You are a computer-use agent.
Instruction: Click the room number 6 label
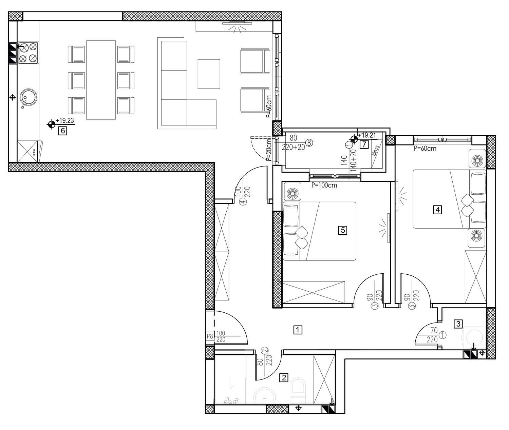[62, 131]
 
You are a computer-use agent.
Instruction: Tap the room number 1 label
[298, 330]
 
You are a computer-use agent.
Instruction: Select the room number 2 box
[284, 377]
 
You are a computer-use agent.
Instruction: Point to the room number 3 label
[458, 324]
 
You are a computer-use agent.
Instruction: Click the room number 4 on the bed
[438, 210]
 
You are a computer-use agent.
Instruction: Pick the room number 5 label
[342, 230]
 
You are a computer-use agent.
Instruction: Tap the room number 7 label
[364, 144]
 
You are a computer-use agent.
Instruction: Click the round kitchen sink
[28, 98]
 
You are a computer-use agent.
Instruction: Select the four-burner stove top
[28, 53]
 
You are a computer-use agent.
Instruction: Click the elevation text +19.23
[65, 120]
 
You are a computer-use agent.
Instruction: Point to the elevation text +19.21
[367, 135]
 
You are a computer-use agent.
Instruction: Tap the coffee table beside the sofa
[209, 74]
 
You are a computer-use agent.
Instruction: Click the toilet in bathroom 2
[298, 391]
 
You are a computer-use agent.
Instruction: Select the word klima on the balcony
[376, 151]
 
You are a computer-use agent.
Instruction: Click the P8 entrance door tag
[210, 336]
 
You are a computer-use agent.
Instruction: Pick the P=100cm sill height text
[324, 185]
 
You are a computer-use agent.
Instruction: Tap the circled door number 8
[309, 143]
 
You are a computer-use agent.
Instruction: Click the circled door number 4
[243, 202]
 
